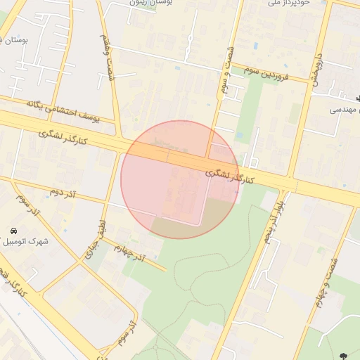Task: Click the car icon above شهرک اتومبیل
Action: tap(13, 231)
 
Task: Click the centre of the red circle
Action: tap(180, 179)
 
